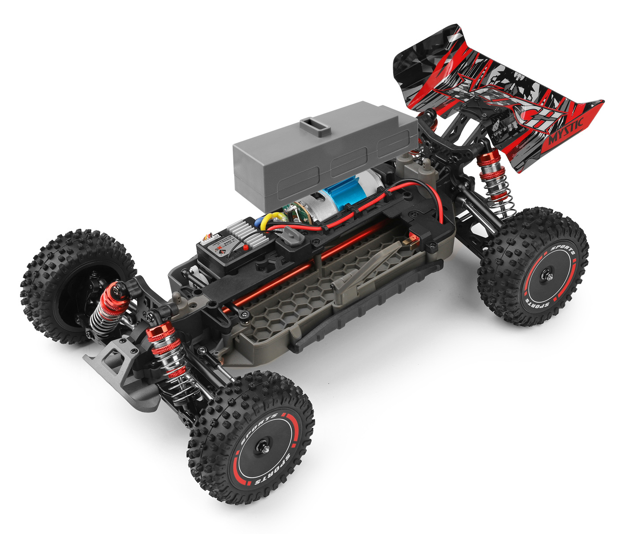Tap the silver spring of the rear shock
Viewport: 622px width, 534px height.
[498, 191]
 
